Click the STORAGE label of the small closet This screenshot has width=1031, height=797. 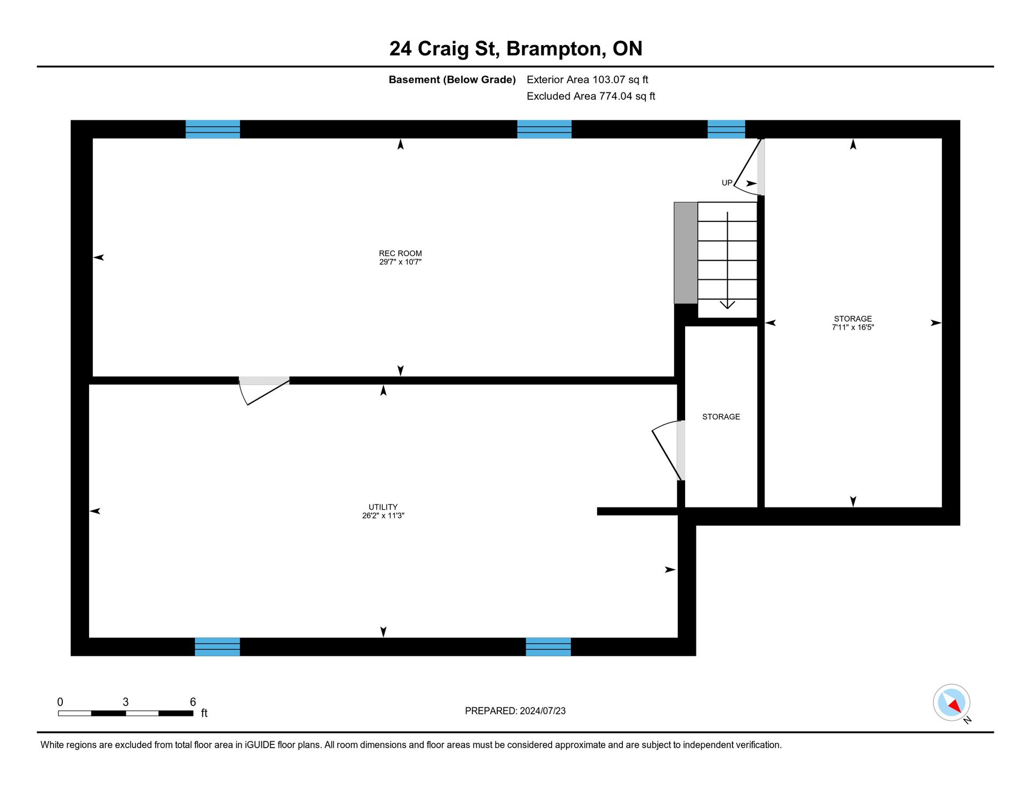point(721,417)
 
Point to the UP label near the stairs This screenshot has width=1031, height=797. point(727,183)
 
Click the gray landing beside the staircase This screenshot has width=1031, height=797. point(686,253)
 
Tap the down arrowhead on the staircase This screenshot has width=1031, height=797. point(727,305)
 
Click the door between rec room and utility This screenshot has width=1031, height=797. point(264,390)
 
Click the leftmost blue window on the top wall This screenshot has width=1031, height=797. point(213,129)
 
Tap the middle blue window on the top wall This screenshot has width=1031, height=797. point(544,129)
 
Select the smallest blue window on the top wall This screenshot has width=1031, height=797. point(726,129)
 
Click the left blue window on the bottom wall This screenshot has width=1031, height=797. point(217,647)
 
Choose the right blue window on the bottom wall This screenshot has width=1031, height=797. point(548,647)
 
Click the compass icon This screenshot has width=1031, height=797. point(952,702)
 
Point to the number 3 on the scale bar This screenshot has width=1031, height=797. point(126,702)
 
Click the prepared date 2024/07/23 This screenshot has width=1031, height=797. point(542,711)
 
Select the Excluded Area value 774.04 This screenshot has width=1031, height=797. point(615,96)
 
